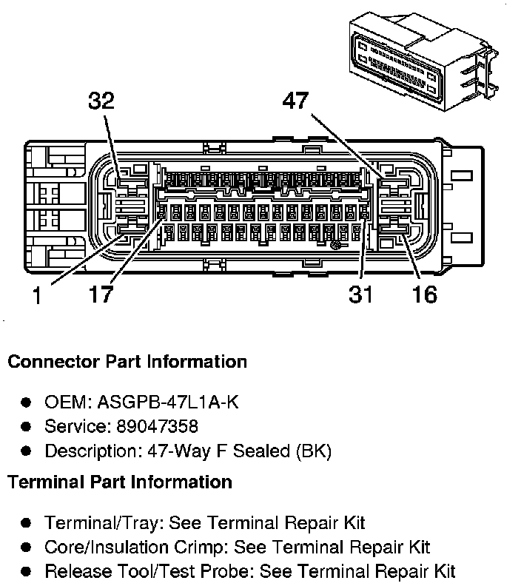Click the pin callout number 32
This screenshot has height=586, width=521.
click(101, 101)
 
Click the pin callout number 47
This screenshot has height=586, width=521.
click(295, 101)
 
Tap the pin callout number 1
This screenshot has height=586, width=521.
click(37, 295)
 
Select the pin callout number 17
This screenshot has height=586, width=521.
click(101, 294)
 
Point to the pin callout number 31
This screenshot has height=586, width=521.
click(360, 294)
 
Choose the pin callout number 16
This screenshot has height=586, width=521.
click(425, 294)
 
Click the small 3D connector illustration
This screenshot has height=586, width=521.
click(424, 61)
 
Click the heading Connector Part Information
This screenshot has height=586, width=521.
click(127, 362)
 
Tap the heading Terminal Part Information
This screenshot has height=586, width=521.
click(120, 482)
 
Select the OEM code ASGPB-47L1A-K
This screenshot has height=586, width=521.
click(168, 402)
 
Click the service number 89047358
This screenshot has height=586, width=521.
click(158, 426)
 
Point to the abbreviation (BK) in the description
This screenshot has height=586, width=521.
click(314, 451)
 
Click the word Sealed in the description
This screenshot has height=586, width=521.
click(261, 451)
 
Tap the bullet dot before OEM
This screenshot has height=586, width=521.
click(26, 403)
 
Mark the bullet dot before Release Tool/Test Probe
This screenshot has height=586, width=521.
click(26, 571)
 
